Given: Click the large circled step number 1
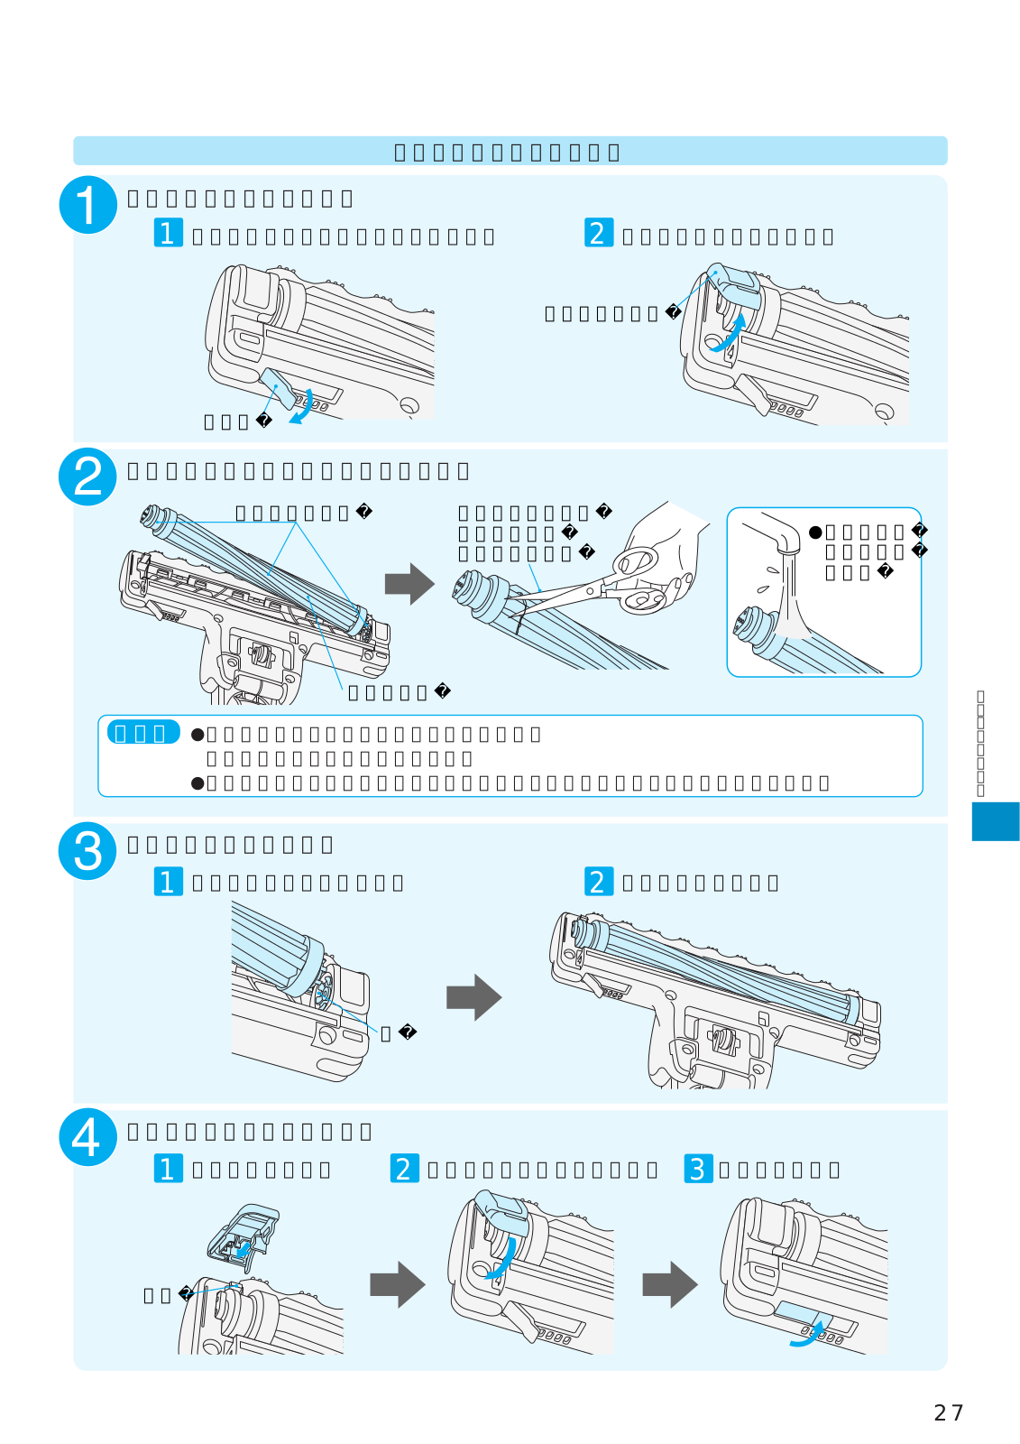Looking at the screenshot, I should [87, 205].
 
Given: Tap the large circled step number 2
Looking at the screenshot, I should [87, 477].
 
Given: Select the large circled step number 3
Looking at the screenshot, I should [87, 851].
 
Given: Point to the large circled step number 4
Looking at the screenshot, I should [87, 1137].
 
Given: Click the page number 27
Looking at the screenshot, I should [949, 1412].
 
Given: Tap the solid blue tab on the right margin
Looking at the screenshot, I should [995, 821].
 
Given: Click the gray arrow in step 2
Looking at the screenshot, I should [409, 584].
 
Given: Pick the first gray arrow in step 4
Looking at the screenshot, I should [397, 1284].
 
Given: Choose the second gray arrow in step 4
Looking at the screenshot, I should [669, 1284].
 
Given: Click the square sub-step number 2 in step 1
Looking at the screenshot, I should [598, 233].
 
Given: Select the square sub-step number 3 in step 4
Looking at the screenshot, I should [698, 1168].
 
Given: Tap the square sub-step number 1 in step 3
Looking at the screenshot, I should [168, 881].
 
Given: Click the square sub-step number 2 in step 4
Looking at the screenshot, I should [405, 1168].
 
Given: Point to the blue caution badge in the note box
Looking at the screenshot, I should [143, 732].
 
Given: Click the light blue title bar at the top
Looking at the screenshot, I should [510, 151].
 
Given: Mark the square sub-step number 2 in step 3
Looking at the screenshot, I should [598, 881].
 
